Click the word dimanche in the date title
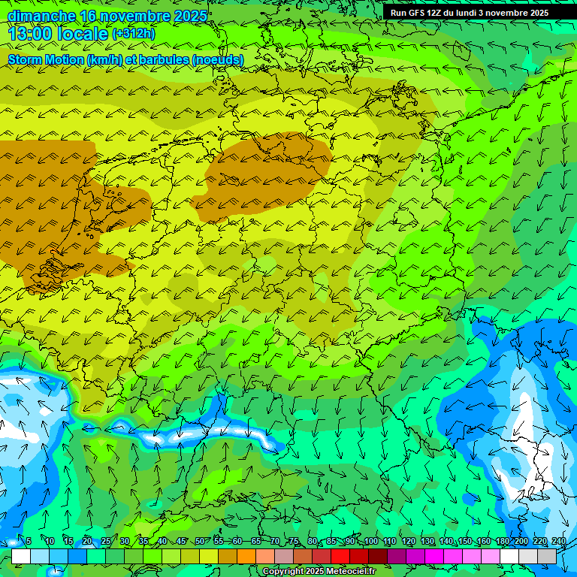pyautogui.click(x=41, y=16)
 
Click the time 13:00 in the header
pyautogui.click(x=30, y=34)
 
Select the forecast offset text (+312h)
pyautogui.click(x=133, y=34)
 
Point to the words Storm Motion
pyautogui.click(x=46, y=59)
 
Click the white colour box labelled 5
pyautogui.click(x=21, y=556)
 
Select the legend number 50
pyautogui.click(x=199, y=542)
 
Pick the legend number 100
pyautogui.click(x=370, y=542)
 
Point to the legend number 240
pyautogui.click(x=558, y=542)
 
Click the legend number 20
pyautogui.click(x=86, y=542)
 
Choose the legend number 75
pyautogui.click(x=293, y=542)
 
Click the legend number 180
pyautogui.click(x=502, y=542)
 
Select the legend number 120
pyautogui.click(x=408, y=542)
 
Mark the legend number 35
pyautogui.click(x=143, y=542)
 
